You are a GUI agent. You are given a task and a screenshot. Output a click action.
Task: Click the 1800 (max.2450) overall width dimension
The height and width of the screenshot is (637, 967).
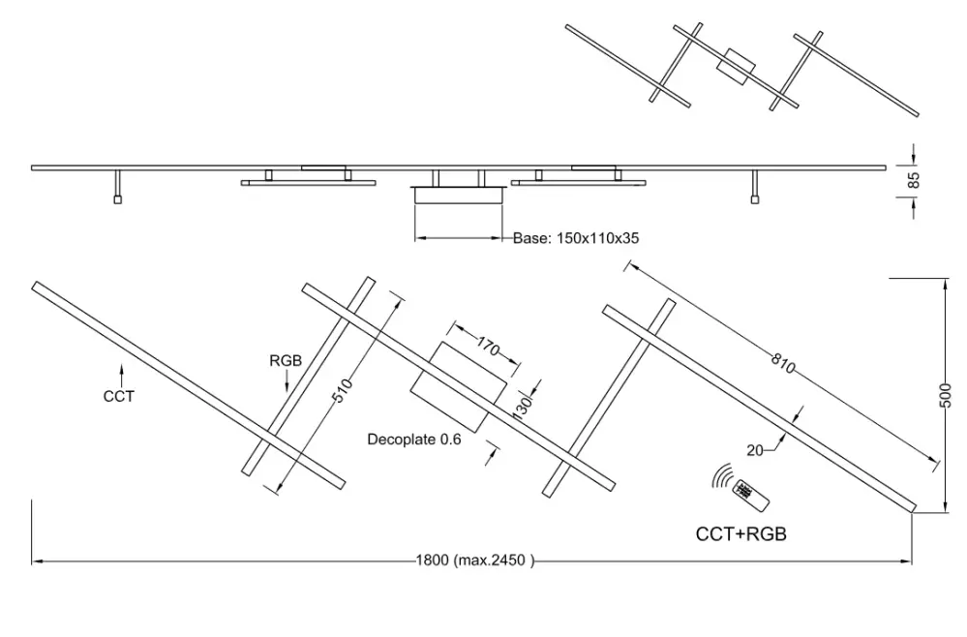click(475, 560)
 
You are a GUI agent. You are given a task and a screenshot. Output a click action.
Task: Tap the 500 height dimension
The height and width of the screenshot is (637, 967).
click(946, 395)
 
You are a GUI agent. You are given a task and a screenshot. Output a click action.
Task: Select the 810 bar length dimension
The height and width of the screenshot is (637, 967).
click(783, 363)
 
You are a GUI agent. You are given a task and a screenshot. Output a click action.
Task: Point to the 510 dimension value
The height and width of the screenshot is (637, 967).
click(343, 390)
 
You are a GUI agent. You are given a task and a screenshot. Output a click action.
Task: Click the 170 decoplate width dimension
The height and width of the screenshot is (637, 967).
click(488, 348)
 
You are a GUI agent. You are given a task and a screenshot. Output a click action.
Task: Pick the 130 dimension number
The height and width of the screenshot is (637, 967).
click(522, 409)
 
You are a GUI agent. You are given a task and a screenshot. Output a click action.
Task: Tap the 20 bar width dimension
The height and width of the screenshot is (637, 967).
click(755, 451)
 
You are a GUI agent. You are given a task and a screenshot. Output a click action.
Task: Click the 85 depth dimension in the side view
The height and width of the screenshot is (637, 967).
click(915, 180)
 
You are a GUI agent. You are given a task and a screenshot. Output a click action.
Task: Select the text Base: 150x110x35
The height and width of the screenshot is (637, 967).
click(576, 238)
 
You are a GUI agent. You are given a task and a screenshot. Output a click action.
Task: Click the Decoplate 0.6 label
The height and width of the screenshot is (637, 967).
click(414, 440)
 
